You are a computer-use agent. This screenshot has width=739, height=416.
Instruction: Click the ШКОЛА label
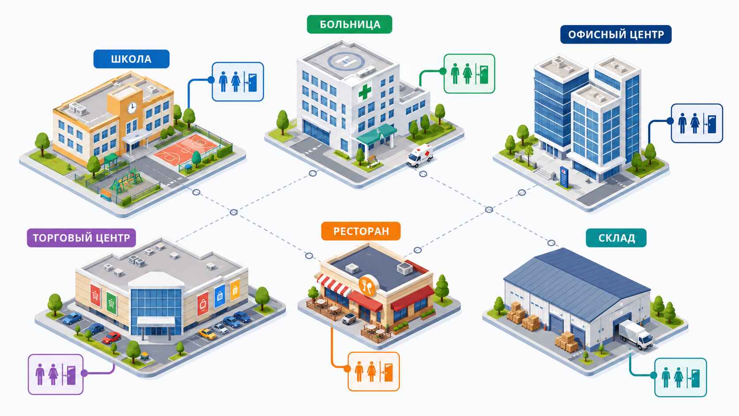click(131, 59)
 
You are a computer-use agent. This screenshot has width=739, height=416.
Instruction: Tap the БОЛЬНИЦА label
click(350, 24)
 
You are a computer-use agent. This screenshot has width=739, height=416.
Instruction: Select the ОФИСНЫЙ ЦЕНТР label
click(616, 34)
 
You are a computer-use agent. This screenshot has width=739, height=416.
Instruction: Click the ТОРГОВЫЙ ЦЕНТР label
click(81, 238)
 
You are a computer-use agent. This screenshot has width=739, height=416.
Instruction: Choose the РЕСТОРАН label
click(361, 231)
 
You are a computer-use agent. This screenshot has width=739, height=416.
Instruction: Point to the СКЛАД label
click(616, 238)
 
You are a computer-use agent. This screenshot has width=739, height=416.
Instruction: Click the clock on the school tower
click(132, 107)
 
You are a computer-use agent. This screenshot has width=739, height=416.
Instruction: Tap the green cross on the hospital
click(365, 92)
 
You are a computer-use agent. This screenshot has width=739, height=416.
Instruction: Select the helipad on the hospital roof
click(346, 61)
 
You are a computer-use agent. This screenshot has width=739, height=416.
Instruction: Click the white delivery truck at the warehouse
click(636, 335)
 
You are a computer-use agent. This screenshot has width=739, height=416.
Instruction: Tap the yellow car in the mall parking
click(207, 334)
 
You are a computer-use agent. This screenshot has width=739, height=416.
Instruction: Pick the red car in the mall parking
click(111, 337)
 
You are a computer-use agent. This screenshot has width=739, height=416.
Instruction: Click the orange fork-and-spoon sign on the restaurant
click(367, 286)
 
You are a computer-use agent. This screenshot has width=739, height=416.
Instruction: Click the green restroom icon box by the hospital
click(469, 73)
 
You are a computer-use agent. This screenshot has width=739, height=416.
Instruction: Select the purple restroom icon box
click(55, 374)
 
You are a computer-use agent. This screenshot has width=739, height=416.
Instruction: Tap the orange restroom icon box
click(374, 371)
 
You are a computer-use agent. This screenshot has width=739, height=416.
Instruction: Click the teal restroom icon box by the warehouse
click(681, 378)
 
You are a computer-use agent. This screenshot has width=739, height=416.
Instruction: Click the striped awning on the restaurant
click(333, 285)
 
